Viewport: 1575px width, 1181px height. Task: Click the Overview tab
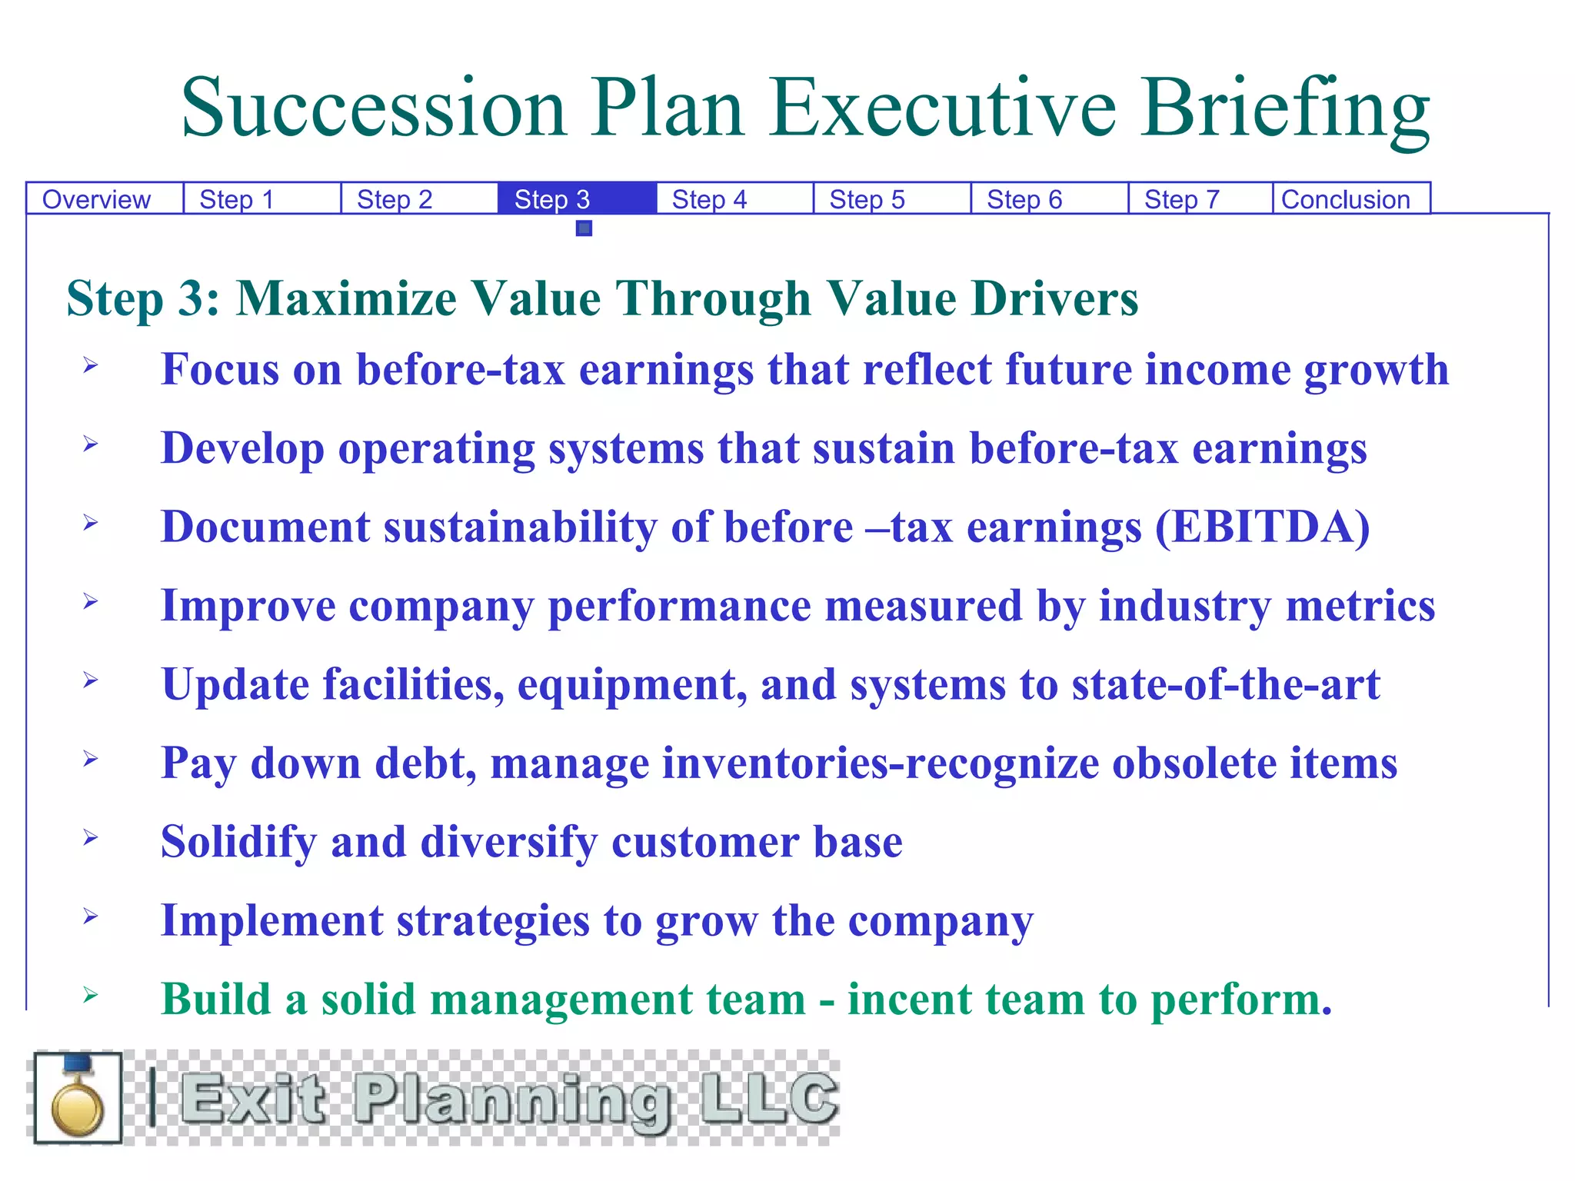[96, 200]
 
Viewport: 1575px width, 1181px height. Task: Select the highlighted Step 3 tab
[552, 200]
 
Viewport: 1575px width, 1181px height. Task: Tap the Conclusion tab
[1345, 200]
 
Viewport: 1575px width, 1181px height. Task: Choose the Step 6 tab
[1024, 200]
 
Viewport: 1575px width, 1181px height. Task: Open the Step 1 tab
[237, 200]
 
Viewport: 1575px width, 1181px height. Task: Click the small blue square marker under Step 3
[584, 228]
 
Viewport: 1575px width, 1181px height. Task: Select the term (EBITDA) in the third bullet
[1263, 527]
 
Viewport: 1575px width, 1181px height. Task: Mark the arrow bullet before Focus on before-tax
[91, 365]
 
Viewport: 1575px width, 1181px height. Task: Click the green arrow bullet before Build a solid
[91, 996]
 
